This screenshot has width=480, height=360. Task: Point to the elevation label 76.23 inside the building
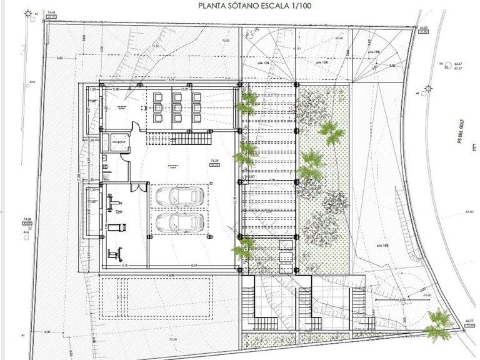pyautogui.click(x=215, y=161)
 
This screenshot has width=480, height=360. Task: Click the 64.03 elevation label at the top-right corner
pyautogui.click(x=423, y=27)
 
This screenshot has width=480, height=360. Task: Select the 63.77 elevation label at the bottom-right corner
pyautogui.click(x=466, y=320)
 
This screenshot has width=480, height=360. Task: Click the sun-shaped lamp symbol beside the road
pyautogui.click(x=429, y=89)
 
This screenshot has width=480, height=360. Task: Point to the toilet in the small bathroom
pyautogui.click(x=107, y=167)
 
